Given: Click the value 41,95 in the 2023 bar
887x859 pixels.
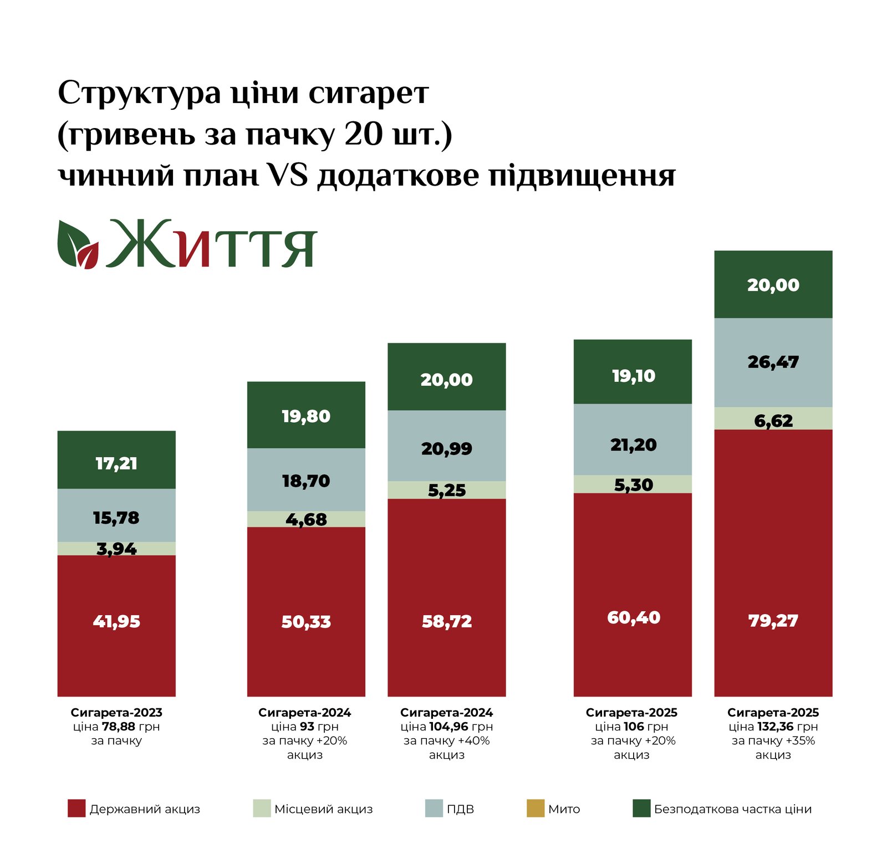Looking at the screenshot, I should tap(116, 621).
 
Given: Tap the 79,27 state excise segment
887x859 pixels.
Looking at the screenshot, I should tap(773, 620).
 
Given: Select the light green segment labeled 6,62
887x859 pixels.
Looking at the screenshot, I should tap(773, 420).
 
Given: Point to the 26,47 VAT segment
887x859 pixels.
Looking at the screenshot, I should tap(773, 362).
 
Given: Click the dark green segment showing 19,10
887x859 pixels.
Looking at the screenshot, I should tap(633, 376).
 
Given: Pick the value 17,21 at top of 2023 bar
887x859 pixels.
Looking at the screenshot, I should tap(116, 463).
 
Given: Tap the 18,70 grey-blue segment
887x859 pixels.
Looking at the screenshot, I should tap(306, 480).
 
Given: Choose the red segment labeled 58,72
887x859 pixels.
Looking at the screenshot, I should tap(447, 621).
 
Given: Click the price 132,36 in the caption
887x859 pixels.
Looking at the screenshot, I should tap(779, 727).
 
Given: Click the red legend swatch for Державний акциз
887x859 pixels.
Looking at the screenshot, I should tap(77, 809).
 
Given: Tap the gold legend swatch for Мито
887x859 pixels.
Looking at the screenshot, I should tap(535, 809).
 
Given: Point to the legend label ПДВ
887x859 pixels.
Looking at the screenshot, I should tap(460, 809).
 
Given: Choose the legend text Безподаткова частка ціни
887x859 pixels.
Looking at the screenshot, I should tap(732, 809).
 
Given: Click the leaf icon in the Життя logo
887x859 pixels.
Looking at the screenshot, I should tap(78, 245).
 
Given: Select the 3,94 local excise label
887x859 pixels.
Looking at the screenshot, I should tap(116, 549).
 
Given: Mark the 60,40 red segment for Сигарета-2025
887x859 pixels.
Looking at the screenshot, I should tap(633, 617).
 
